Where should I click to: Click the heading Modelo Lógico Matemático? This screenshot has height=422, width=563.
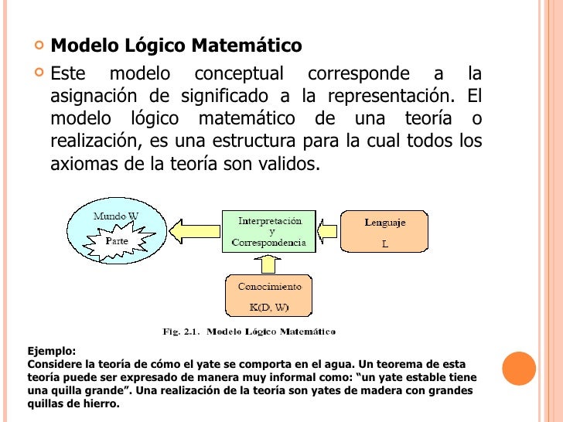[x=176, y=46]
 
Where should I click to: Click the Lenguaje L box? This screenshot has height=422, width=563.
[x=384, y=231]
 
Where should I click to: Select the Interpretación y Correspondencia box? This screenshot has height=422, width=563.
[x=269, y=231]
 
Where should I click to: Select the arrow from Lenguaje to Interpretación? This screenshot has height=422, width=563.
[x=327, y=231]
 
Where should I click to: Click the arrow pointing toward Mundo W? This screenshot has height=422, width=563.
[x=195, y=231]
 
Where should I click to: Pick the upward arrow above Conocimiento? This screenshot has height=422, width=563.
[x=268, y=264]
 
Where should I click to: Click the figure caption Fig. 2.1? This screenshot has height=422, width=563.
[x=248, y=332]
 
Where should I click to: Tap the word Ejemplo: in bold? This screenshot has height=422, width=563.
[x=52, y=350]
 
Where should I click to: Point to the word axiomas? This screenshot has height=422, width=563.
[x=84, y=165]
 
